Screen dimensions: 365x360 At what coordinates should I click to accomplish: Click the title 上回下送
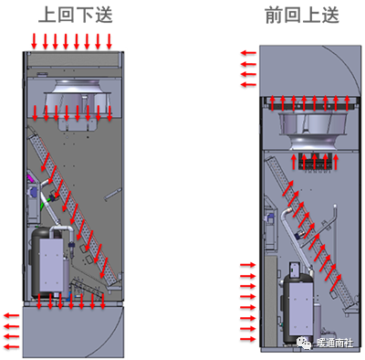[76, 15]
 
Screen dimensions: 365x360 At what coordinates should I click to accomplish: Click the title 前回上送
[302, 15]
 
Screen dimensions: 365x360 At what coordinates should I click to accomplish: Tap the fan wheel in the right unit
[313, 131]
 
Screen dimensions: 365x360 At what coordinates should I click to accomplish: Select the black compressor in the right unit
[299, 308]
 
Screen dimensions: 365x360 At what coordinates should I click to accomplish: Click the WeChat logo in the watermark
[303, 343]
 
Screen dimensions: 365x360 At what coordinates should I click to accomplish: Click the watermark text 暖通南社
[335, 343]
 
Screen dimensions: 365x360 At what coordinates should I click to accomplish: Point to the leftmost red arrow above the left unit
[34, 41]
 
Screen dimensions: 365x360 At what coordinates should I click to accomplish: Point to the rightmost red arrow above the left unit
[109, 41]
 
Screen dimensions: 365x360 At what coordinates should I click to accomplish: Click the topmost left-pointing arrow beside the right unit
[248, 53]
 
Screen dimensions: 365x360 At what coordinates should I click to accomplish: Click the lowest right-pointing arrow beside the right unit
[248, 339]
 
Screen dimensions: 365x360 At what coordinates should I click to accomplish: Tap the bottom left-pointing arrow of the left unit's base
[11, 346]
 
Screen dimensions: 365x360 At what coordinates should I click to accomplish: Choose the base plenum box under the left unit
[73, 332]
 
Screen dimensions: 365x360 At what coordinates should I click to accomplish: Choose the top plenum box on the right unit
[310, 70]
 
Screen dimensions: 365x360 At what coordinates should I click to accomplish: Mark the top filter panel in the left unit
[72, 59]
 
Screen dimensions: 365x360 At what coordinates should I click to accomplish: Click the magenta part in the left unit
[30, 176]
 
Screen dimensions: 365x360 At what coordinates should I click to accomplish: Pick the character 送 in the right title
[330, 15]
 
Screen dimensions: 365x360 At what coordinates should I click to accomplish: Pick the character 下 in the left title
[85, 15]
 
